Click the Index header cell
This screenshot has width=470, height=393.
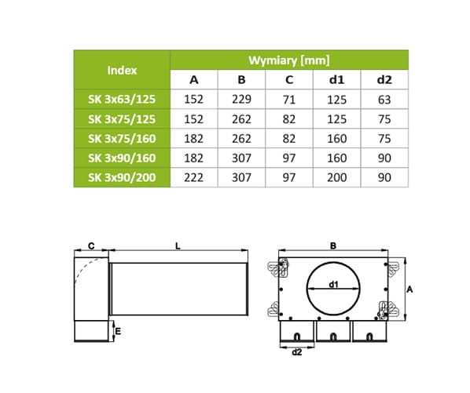click(x=122, y=71)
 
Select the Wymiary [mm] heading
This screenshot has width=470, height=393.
click(x=289, y=60)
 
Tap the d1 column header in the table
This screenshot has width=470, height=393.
click(x=336, y=80)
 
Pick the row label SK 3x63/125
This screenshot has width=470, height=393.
click(x=122, y=99)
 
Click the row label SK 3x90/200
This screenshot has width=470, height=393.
click(x=122, y=177)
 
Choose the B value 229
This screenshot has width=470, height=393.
click(x=241, y=99)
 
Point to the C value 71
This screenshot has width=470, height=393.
click(x=289, y=100)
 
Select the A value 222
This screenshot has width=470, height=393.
click(x=193, y=177)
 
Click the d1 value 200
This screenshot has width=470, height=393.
click(x=337, y=177)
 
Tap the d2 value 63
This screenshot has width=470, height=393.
click(x=384, y=100)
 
